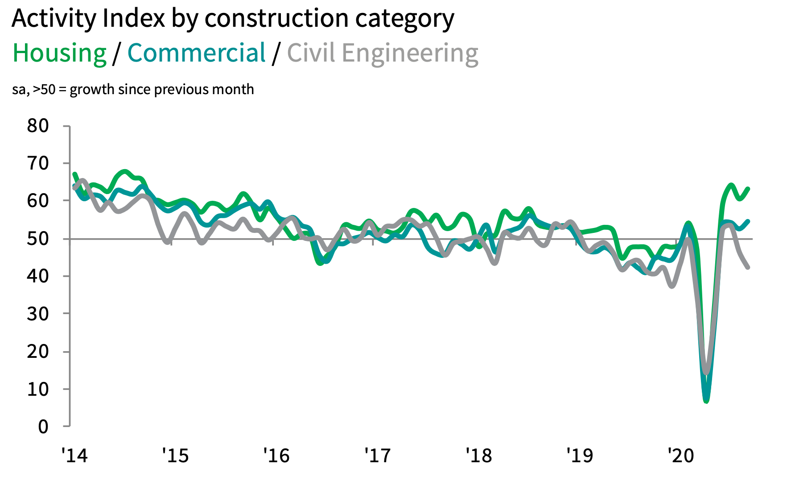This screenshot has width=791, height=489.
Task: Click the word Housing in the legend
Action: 59,54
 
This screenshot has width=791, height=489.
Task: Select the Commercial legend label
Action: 196,54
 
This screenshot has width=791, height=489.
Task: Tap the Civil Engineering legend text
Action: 383,54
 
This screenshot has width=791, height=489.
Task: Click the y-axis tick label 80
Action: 38,126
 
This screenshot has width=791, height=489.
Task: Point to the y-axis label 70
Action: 38,164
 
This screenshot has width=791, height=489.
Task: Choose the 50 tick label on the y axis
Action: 38,239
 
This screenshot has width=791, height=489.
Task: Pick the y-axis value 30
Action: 38,314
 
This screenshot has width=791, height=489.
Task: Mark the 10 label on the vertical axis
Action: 38,390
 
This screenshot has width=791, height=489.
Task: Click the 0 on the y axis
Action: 43,427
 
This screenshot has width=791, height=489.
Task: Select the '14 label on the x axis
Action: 74,456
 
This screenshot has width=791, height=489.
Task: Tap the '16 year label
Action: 276,456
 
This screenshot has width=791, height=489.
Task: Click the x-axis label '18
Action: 478,456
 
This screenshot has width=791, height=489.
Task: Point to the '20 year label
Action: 680,456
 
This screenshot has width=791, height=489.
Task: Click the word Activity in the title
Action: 54,19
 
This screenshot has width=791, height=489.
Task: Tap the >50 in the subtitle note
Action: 44,89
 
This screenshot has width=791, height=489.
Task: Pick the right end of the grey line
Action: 748,267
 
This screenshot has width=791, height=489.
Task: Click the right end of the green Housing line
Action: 748,189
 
